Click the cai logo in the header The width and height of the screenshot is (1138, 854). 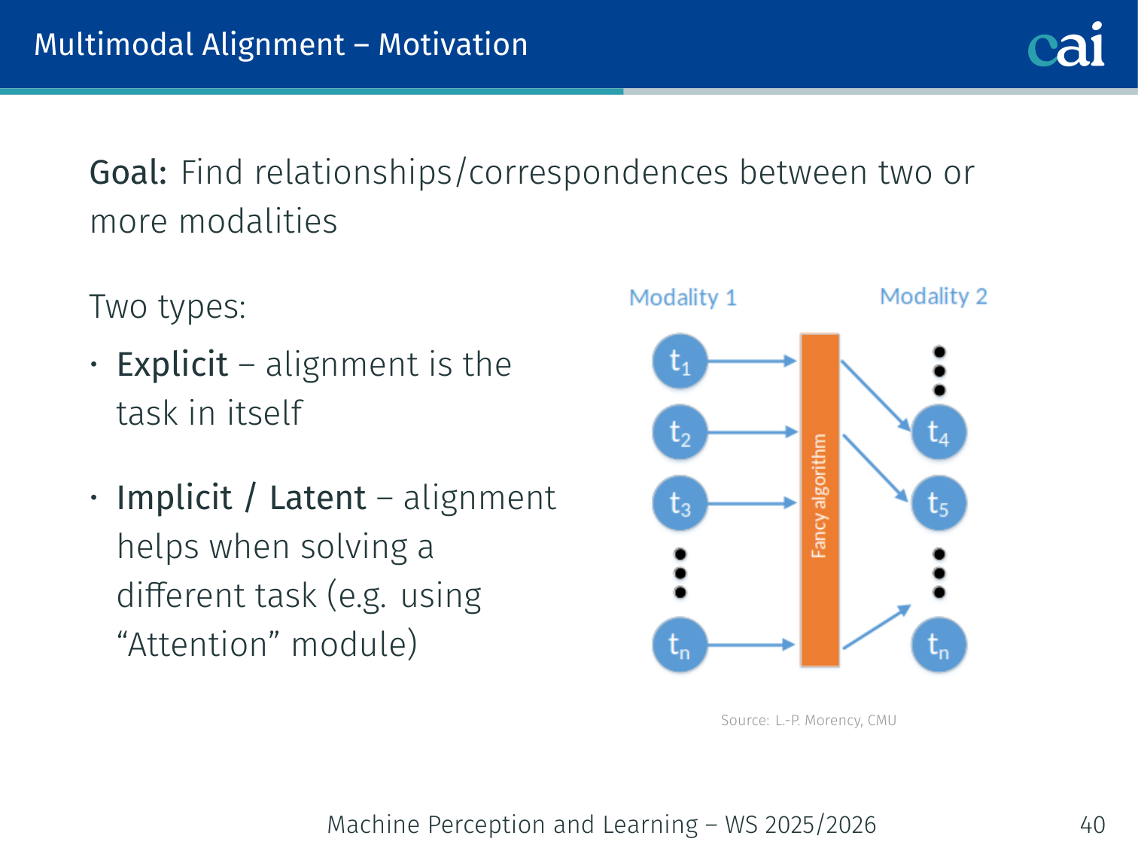click(x=1066, y=44)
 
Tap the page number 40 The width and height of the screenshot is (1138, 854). click(x=1092, y=825)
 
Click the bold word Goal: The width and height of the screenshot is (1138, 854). click(x=128, y=172)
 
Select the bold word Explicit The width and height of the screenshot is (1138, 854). click(x=172, y=365)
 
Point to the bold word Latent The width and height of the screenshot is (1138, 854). click(x=318, y=498)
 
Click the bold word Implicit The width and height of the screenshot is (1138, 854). click(x=175, y=498)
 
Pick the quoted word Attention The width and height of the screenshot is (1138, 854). click(x=197, y=645)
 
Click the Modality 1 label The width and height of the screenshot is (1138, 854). click(x=683, y=297)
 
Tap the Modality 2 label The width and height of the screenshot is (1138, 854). click(x=933, y=296)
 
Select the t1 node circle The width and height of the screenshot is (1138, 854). click(x=680, y=362)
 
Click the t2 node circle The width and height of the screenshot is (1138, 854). click(x=680, y=433)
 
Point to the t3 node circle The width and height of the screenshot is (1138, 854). click(x=680, y=503)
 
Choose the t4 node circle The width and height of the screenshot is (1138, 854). click(x=938, y=432)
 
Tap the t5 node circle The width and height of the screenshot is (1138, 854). click(x=938, y=503)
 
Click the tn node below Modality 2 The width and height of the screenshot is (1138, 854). click(x=938, y=645)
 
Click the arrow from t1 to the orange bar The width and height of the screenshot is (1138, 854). click(x=751, y=361)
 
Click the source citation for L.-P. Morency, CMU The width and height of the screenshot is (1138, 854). click(x=808, y=720)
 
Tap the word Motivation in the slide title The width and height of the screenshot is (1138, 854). click(x=452, y=44)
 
